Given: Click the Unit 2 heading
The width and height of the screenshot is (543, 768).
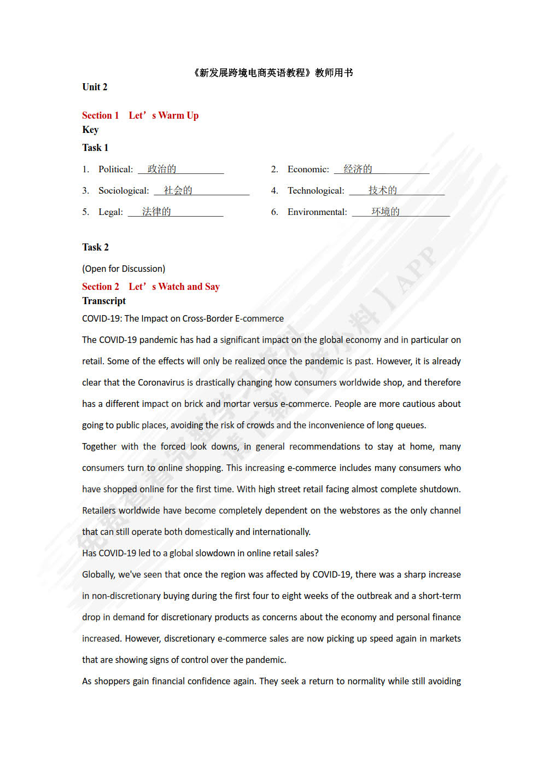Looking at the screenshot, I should pos(95,87).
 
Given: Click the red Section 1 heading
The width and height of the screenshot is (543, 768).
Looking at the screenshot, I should pos(140,115).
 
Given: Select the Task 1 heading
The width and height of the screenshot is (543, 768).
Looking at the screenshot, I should pos(95,148).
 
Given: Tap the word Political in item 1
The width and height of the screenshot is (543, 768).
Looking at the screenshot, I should pos(115,170).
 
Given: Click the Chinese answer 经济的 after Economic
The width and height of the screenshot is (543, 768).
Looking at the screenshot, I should pos(358,169).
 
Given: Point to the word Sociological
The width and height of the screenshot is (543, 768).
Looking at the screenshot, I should pos(124,191).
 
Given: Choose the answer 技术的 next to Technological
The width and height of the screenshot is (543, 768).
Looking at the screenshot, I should pos(382,190).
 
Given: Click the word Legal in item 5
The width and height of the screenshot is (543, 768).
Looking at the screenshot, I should pos(110,212).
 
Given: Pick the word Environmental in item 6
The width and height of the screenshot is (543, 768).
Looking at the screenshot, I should pos(317,212).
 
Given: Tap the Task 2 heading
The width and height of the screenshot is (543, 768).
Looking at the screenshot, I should pos(95,247).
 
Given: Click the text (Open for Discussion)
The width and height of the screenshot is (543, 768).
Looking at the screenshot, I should pos(124,269).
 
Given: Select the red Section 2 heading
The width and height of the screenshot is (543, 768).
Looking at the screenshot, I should pos(150,287).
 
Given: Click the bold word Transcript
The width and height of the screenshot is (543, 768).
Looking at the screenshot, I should pos(104,301).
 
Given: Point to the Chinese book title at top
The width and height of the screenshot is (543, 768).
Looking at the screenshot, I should pos(272,73).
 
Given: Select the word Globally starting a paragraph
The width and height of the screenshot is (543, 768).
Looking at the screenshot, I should pos(98,574).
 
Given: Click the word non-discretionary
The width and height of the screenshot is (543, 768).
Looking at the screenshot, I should pos(126,596).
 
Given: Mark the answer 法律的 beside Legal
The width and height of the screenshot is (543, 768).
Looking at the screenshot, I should pos(156,212).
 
